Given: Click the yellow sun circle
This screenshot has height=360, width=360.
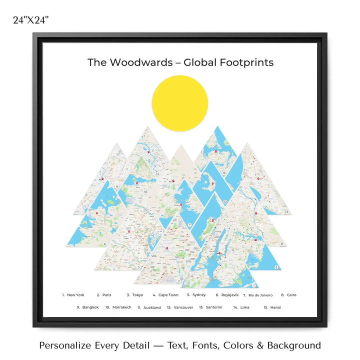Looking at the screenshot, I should coord(179,103).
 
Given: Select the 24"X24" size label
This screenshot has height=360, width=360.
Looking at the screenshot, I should coord(31,20).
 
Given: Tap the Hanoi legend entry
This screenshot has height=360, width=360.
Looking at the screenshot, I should coord(275,307).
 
